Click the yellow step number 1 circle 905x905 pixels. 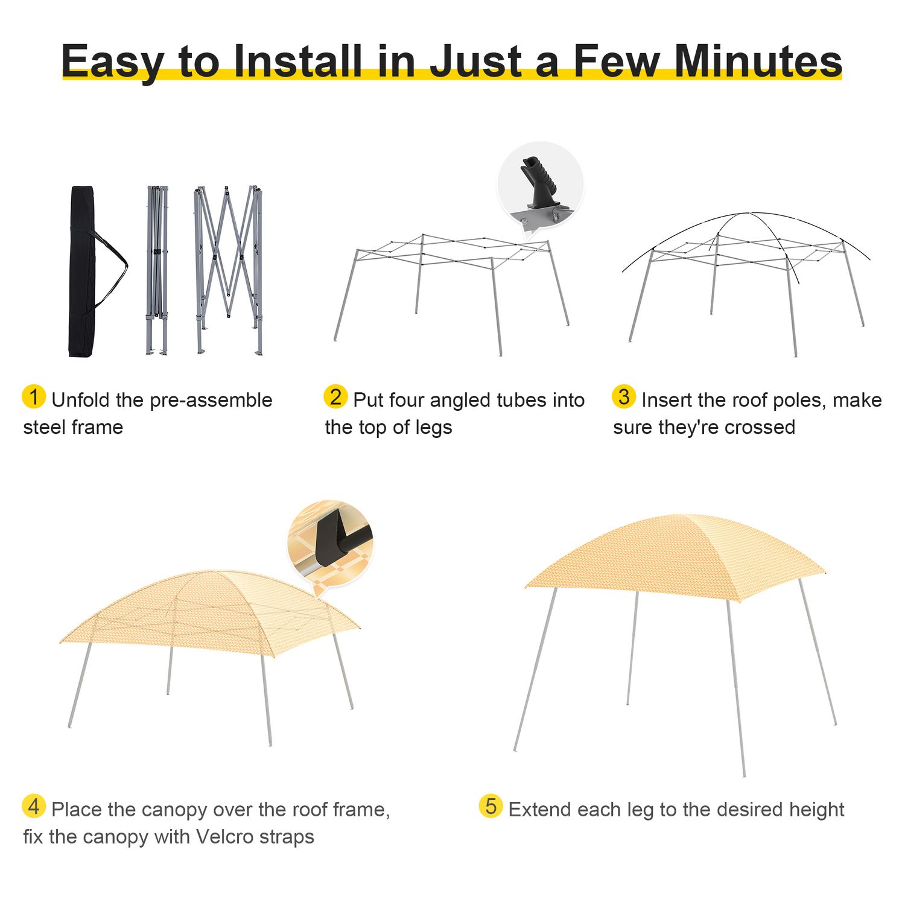(x=34, y=396)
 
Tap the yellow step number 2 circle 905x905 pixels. (x=335, y=396)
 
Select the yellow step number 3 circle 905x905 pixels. (x=624, y=396)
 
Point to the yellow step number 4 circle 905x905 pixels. (x=34, y=806)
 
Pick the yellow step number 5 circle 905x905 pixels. (x=491, y=806)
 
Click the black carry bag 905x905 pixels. (x=82, y=271)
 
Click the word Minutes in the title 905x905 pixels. (x=758, y=61)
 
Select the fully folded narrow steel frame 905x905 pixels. (x=157, y=270)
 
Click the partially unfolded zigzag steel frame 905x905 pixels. (x=228, y=270)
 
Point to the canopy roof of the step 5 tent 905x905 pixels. (x=676, y=558)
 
